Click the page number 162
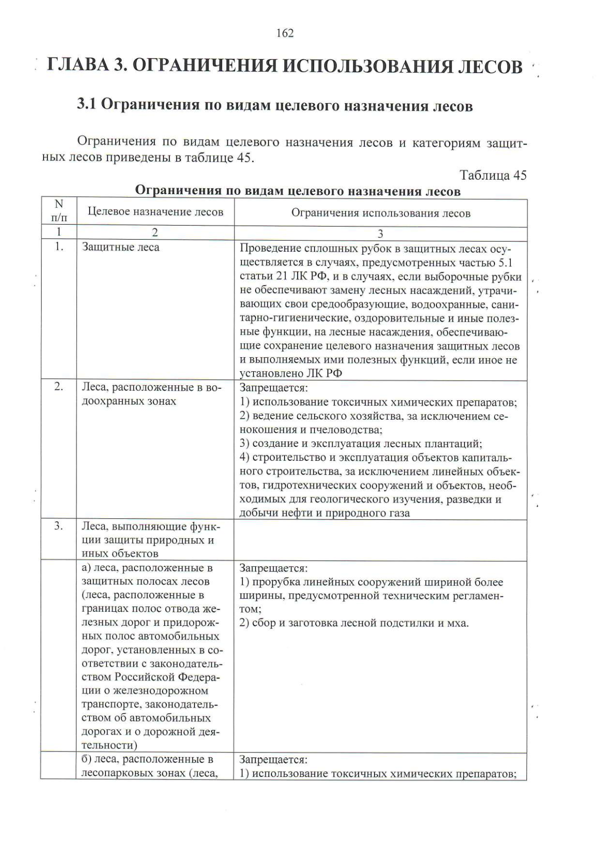tap(285, 34)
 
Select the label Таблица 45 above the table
tap(492, 176)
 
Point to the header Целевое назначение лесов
tap(155, 212)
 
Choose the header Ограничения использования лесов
tap(380, 214)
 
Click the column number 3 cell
tap(380, 234)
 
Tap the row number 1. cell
tap(59, 247)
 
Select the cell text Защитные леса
tap(120, 247)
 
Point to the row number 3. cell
tap(59, 526)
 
